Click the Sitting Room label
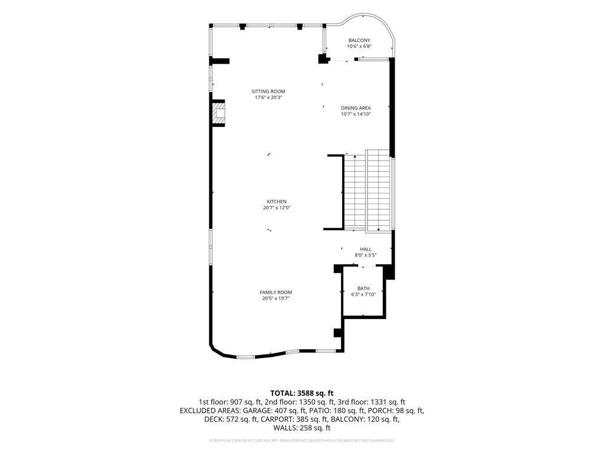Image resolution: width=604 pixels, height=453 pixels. (x=268, y=91)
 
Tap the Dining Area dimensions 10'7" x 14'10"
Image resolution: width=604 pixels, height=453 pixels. (x=356, y=114)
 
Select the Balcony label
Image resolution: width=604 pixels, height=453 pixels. (x=359, y=40)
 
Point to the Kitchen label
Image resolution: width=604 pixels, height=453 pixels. (x=277, y=202)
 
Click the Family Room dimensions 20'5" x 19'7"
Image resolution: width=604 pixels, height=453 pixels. (x=276, y=298)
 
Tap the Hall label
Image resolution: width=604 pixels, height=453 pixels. (x=366, y=250)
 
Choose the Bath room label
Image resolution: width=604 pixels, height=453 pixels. (x=363, y=288)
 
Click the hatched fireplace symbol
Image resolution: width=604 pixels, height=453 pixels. (x=218, y=113)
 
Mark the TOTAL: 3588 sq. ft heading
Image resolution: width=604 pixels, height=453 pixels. (x=301, y=393)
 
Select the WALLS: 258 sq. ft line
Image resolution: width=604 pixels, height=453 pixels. (x=301, y=428)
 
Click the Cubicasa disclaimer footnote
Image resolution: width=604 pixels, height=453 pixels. (x=301, y=440)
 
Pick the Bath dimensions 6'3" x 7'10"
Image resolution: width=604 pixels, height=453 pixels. (x=363, y=294)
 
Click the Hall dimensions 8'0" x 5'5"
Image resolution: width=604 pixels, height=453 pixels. (x=366, y=255)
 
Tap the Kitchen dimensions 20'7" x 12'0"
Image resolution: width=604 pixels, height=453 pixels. (x=277, y=208)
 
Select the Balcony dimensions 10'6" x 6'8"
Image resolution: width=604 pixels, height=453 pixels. (x=359, y=46)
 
